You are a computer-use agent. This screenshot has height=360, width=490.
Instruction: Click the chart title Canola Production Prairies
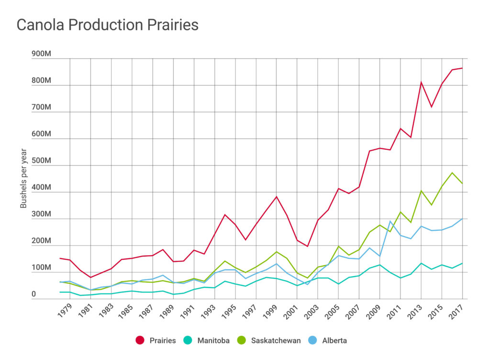[107, 25]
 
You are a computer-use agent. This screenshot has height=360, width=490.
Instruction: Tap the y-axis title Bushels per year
[23, 178]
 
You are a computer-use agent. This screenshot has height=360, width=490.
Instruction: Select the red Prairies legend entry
[156, 340]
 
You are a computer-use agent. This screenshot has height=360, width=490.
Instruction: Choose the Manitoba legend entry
[209, 340]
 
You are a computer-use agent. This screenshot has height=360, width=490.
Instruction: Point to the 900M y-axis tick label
[41, 54]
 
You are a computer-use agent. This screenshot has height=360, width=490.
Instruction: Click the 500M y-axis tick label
[41, 161]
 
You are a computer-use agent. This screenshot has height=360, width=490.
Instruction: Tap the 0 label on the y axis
[33, 294]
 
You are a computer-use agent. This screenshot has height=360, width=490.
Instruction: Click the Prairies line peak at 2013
[421, 82]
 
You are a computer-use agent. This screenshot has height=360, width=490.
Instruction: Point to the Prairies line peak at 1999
[277, 197]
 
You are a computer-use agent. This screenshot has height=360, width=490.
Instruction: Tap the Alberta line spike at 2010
[390, 221]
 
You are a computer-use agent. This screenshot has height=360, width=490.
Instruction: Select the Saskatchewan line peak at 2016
[452, 172]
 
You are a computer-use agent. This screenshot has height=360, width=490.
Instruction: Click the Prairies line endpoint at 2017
[462, 68]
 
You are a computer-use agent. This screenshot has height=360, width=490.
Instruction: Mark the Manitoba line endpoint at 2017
[462, 263]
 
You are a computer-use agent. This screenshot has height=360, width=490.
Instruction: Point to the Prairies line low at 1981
[90, 277]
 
